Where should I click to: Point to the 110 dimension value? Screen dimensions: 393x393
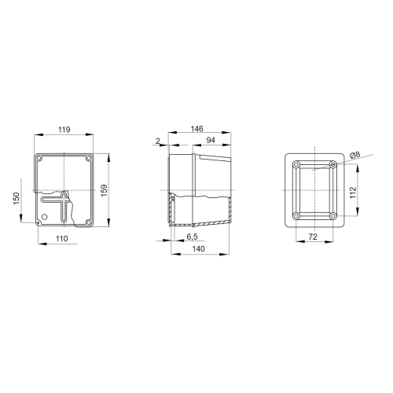(x=62, y=237)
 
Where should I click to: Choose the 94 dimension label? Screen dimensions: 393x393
(x=211, y=140)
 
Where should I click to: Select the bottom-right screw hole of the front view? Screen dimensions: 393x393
(x=89, y=222)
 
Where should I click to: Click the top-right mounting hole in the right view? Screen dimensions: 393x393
(x=333, y=164)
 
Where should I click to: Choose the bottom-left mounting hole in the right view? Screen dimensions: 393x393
(x=296, y=216)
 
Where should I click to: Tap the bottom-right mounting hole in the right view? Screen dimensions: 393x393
(x=333, y=216)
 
